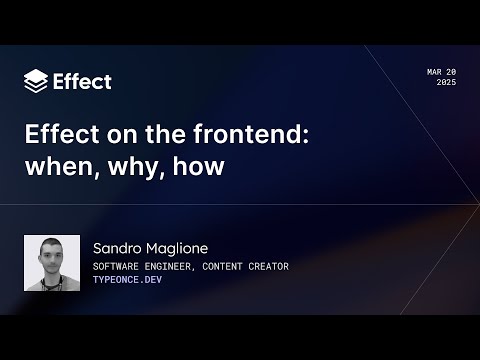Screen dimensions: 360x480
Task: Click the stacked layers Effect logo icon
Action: pos(35,81)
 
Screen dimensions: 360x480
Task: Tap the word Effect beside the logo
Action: pos(82,81)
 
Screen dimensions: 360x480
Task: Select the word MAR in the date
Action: pos(434,72)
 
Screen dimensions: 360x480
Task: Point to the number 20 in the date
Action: pos(451,72)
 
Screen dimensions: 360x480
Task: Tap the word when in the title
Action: pos(56,167)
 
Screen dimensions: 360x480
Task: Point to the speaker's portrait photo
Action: pos(52,263)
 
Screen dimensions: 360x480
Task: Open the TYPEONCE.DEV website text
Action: pos(126,281)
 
